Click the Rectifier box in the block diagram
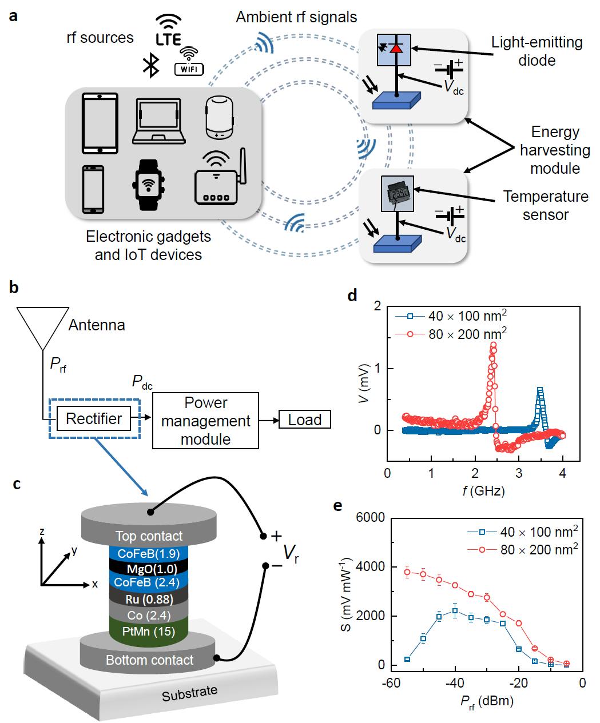pyautogui.click(x=94, y=419)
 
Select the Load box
pyautogui.click(x=304, y=420)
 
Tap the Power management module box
pyautogui.click(x=205, y=421)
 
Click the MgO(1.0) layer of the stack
pyautogui.click(x=150, y=569)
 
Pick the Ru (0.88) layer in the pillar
pyautogui.click(x=150, y=600)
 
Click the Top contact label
pyautogui.click(x=149, y=536)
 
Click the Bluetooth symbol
pyautogui.click(x=150, y=66)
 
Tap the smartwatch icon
pyautogui.click(x=148, y=184)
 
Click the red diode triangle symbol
pyautogui.click(x=396, y=48)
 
